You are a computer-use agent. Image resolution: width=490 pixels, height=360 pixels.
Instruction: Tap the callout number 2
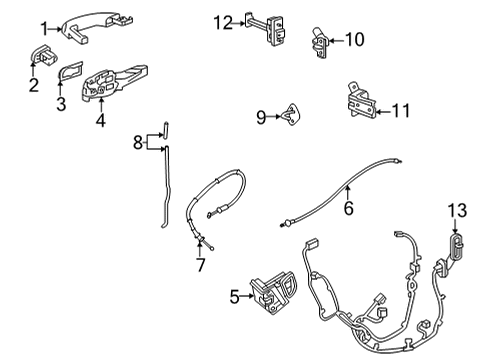tap(33, 86)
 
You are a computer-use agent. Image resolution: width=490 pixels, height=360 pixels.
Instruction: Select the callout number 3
tap(59, 103)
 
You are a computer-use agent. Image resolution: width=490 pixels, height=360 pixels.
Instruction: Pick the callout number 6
tap(348, 209)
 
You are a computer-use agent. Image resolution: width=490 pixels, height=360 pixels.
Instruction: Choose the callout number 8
tap(139, 144)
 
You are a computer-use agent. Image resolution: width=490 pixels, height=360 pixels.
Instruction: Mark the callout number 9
tap(260, 117)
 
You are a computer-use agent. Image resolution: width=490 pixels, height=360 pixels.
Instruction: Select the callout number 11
tap(400, 111)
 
